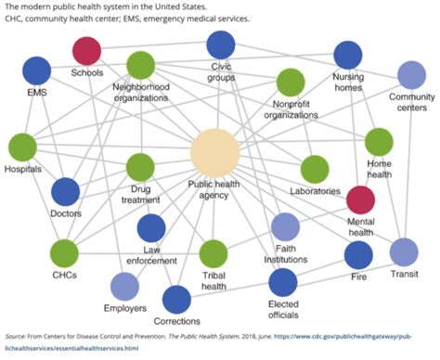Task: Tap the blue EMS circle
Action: (36, 71)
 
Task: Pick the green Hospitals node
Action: (22, 148)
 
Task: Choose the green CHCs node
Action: (64, 252)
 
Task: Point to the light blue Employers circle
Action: (124, 289)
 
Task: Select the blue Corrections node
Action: (176, 300)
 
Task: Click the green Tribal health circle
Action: (214, 253)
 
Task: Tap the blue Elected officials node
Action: (284, 282)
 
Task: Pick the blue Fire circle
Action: (358, 253)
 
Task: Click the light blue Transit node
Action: (404, 251)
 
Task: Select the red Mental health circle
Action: (359, 199)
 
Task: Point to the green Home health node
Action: (379, 142)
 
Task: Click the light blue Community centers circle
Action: (410, 74)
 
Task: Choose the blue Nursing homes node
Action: (348, 55)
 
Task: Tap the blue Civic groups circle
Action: (221, 44)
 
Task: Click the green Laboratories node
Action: (315, 169)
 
